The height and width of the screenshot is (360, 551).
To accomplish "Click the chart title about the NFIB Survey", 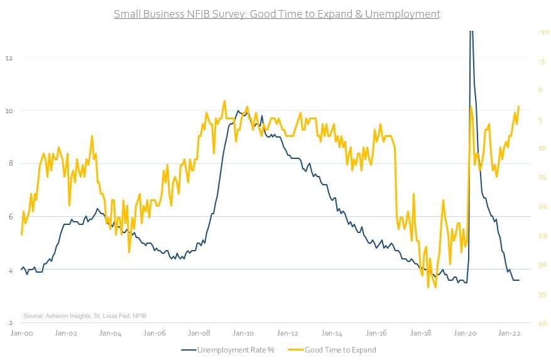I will [x=276, y=14].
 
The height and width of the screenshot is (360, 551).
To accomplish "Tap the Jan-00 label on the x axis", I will [x=21, y=334].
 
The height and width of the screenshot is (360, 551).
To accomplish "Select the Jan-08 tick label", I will [x=199, y=334].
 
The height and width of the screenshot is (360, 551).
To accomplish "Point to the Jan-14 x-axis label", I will [x=332, y=334].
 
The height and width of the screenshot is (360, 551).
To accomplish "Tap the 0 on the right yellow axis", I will [x=541, y=90].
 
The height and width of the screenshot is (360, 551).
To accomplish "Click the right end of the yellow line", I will [x=519, y=106].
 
